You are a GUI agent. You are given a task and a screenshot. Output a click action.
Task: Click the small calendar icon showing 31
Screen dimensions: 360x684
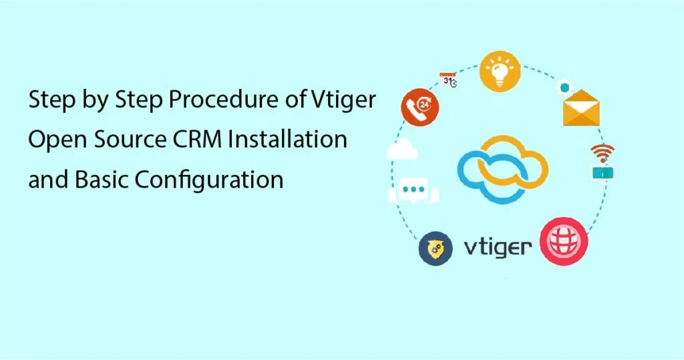(x=448, y=81)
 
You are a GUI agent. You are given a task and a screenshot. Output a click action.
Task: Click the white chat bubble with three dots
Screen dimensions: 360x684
(x=414, y=190)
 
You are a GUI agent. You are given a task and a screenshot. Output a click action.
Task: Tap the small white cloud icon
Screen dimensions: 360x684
(x=402, y=150)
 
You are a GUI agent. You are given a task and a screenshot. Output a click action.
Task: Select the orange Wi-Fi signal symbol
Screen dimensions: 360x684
(x=603, y=151)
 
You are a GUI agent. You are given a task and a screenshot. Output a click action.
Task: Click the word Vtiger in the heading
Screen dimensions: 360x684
(x=344, y=103)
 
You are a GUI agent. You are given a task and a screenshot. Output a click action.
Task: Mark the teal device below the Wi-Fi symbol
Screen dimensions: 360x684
(x=602, y=172)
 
